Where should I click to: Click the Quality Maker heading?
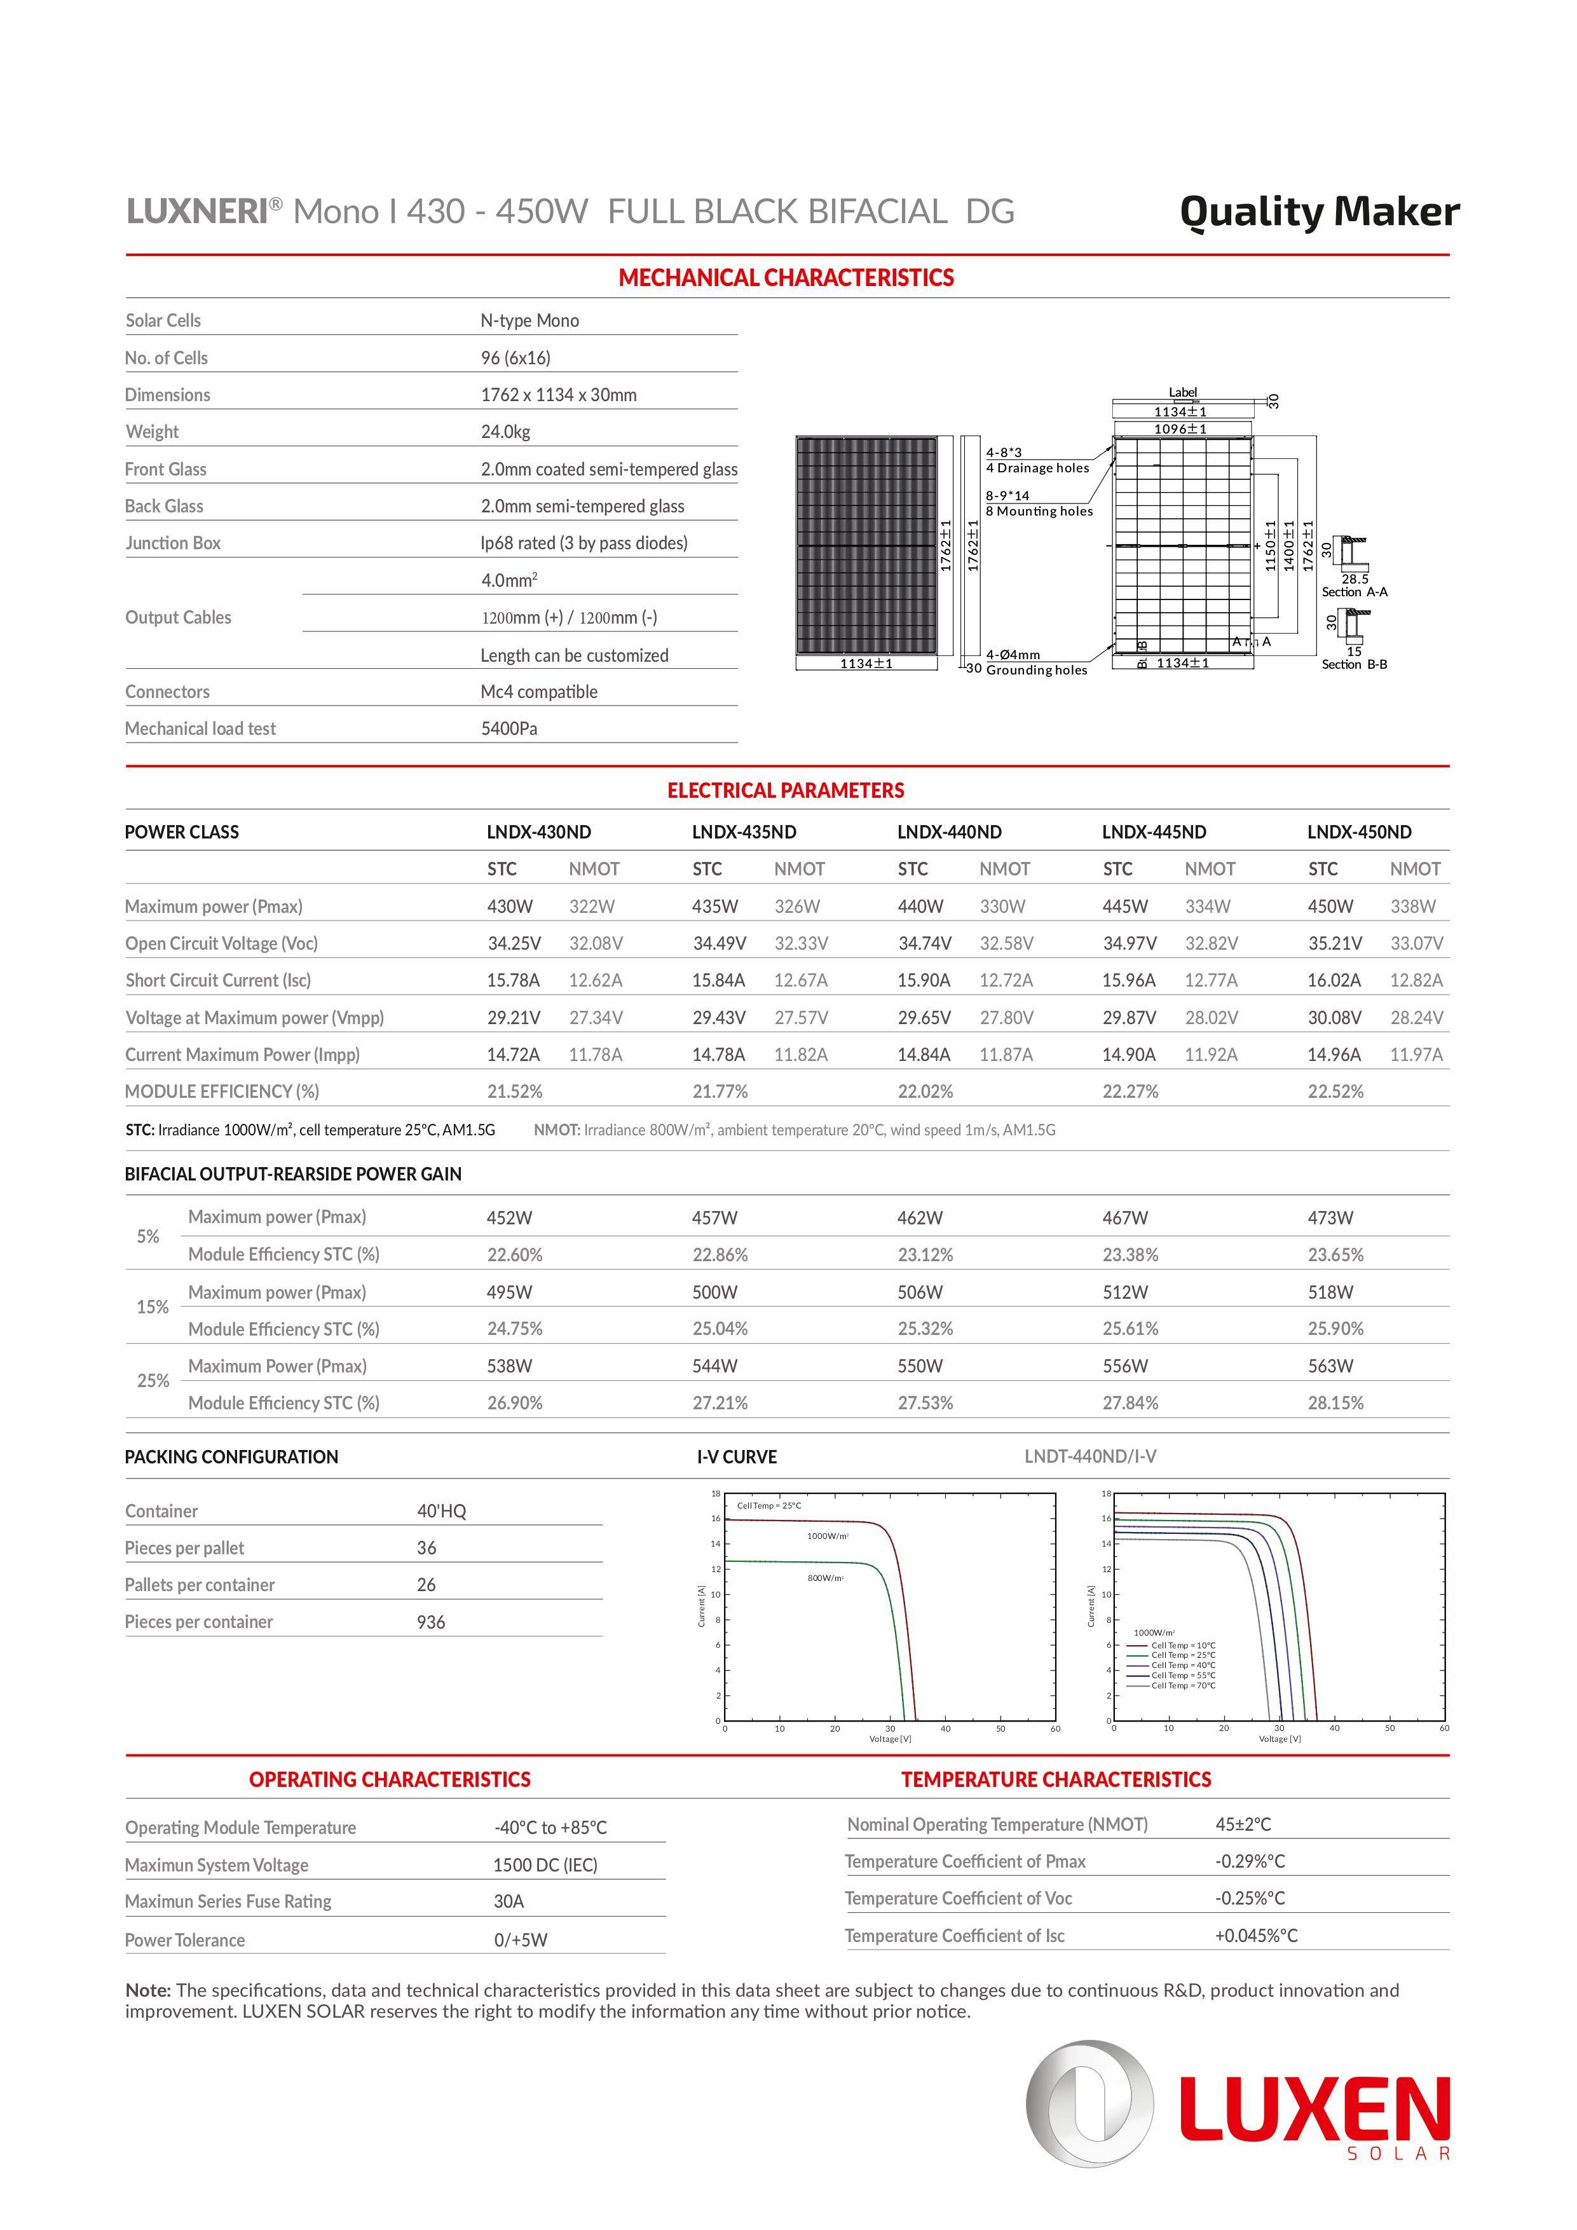(x=1319, y=212)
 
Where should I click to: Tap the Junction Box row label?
(x=173, y=543)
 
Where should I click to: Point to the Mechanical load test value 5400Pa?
(x=509, y=729)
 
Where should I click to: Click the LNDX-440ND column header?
(x=949, y=832)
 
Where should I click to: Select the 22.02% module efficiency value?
(x=924, y=1091)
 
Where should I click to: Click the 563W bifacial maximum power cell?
(x=1329, y=1365)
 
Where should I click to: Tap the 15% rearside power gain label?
(x=153, y=1308)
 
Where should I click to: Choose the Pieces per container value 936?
(x=431, y=1622)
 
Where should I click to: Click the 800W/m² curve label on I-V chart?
(x=826, y=1578)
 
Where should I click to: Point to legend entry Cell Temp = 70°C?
(x=1183, y=1685)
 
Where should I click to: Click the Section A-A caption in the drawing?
(x=1354, y=591)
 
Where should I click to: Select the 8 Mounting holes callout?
(x=1039, y=512)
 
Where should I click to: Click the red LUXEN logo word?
(x=1315, y=2109)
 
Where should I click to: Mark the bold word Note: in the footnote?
(x=147, y=1990)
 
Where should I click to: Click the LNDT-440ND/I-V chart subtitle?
(x=1089, y=1457)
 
